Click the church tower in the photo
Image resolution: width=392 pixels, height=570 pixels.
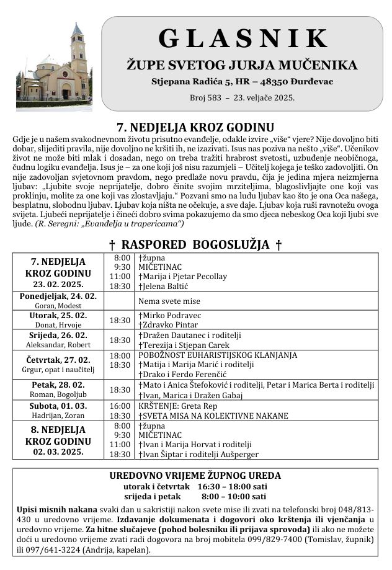(x=78, y=50)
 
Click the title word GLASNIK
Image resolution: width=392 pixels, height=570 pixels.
(x=243, y=38)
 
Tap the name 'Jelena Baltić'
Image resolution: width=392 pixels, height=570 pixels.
(x=164, y=286)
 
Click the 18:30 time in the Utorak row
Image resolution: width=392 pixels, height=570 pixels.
(x=120, y=320)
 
